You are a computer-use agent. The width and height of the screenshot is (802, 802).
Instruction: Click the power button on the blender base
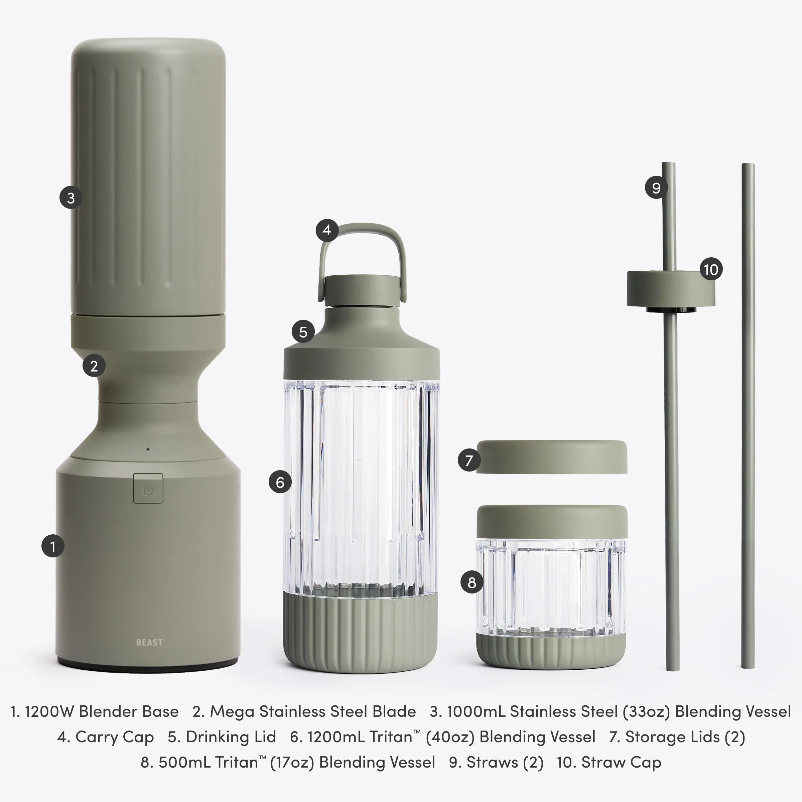click(148, 489)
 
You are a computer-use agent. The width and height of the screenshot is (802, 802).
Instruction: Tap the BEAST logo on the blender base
click(149, 643)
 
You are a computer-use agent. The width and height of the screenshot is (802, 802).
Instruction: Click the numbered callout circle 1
click(53, 546)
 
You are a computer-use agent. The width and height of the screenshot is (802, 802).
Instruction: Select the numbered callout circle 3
click(71, 198)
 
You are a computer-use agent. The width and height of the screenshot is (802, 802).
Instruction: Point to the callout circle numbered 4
click(327, 230)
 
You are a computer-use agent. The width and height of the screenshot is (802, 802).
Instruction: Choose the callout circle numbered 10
click(711, 269)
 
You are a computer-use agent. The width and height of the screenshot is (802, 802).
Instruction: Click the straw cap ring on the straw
click(671, 288)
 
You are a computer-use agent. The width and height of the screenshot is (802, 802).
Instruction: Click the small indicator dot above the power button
click(148, 449)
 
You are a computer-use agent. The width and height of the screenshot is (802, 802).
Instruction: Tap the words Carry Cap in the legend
click(114, 737)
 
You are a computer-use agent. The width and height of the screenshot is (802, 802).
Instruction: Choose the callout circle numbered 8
click(472, 582)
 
